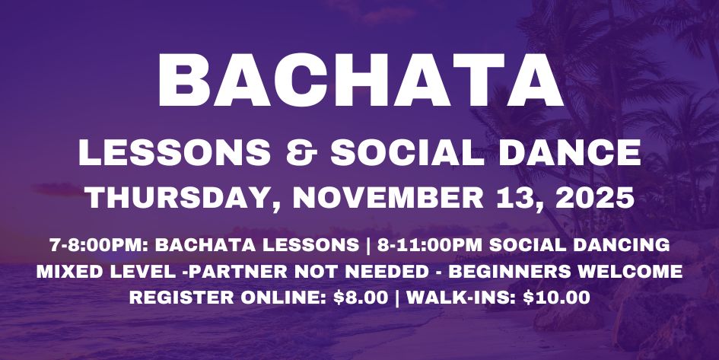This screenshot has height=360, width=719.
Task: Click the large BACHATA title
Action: tap(360, 80)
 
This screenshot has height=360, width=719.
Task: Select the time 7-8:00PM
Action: tap(88, 247)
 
